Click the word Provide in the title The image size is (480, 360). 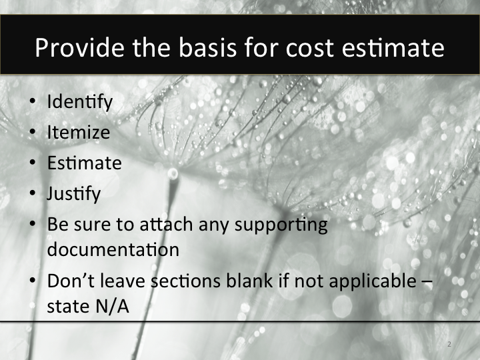[x=74, y=49]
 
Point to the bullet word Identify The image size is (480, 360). [x=80, y=103]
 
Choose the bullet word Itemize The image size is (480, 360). [x=78, y=132]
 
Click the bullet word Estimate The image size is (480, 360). [x=84, y=163]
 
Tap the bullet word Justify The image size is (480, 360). [x=73, y=193]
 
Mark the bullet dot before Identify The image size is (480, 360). [x=33, y=104]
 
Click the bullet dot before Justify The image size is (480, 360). [x=33, y=195]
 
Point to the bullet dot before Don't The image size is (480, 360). [x=33, y=281]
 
